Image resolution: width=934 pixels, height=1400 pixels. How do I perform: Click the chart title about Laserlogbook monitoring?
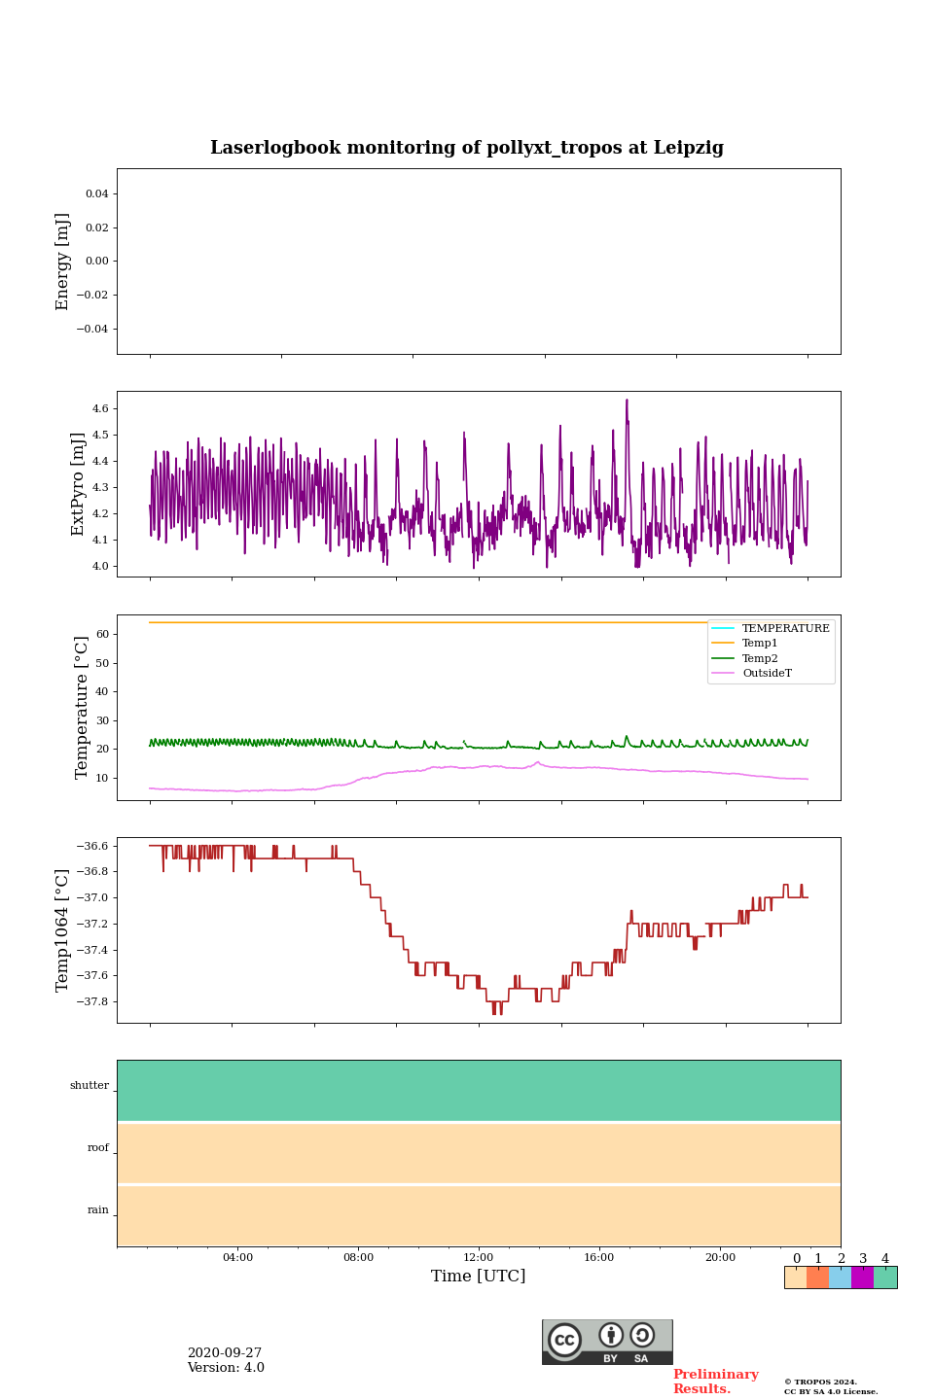[x=467, y=148]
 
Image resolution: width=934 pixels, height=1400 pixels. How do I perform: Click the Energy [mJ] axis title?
[x=63, y=262]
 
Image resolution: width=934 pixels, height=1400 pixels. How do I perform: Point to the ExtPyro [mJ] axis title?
[x=79, y=484]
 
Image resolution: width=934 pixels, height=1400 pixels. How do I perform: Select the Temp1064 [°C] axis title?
[x=63, y=930]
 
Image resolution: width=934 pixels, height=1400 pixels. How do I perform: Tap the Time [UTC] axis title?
[x=479, y=1276]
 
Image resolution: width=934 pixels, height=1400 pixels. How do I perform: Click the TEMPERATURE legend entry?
[x=785, y=629]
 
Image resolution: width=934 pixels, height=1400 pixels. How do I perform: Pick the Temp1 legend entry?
[x=760, y=644]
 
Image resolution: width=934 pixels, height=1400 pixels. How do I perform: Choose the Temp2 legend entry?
[x=760, y=658]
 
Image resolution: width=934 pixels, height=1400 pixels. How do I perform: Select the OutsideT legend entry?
[x=767, y=673]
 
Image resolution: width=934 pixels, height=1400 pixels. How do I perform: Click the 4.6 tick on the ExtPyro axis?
[x=100, y=409]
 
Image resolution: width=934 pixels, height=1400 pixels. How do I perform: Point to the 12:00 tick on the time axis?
[x=479, y=1257]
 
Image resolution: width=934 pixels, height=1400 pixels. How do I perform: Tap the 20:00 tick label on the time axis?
[x=720, y=1257]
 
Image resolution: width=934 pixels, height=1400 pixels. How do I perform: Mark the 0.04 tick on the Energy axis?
[x=96, y=193]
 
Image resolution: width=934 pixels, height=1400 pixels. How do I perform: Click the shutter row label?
[x=90, y=1086]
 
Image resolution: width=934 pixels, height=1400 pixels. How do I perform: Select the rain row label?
[x=98, y=1210]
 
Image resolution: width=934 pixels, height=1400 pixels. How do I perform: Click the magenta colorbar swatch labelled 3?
[x=862, y=1277]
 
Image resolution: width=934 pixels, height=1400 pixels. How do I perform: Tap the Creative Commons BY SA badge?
[x=607, y=1342]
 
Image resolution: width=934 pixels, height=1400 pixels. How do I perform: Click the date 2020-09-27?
[x=225, y=1353]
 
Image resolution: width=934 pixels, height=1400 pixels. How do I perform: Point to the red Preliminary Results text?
[x=715, y=1382]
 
